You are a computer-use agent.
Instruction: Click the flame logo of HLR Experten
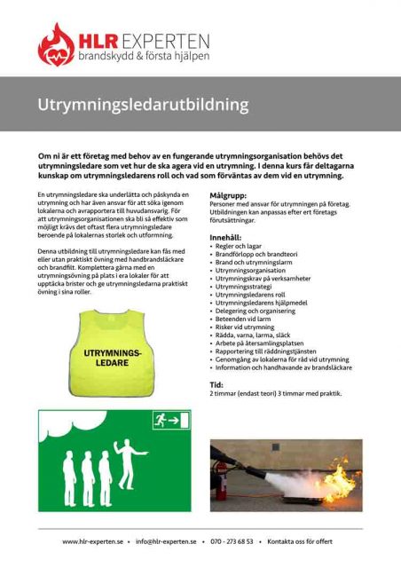point(57,44)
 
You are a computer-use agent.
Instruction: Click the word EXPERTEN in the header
point(163,41)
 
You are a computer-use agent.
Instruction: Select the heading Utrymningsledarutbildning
point(143,105)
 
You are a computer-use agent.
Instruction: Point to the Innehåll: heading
point(224,238)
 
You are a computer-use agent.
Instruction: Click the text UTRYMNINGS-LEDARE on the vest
point(112,359)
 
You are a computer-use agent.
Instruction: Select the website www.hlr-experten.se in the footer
point(93,540)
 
